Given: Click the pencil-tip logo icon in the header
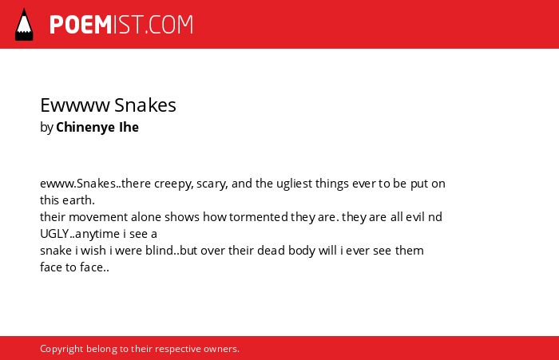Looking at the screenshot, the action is click(x=24, y=25).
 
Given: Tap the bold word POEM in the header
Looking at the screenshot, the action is click(x=81, y=25).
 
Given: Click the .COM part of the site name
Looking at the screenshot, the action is click(x=169, y=25).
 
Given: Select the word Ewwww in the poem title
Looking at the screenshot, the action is click(x=75, y=105).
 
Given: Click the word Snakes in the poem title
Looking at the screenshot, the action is click(x=145, y=105).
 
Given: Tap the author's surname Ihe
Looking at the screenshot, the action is click(x=129, y=127).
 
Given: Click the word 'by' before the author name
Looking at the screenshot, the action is click(x=46, y=128).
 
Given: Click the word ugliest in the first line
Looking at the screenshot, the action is click(x=295, y=184).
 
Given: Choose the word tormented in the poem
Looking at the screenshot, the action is click(x=259, y=217).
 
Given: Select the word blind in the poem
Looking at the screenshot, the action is click(x=160, y=250).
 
